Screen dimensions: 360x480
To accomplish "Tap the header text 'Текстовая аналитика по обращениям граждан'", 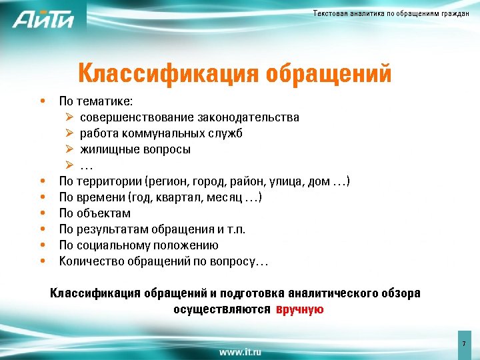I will click(x=391, y=14).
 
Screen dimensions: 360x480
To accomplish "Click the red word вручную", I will click(x=300, y=309).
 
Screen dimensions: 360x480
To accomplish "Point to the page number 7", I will click(x=463, y=343).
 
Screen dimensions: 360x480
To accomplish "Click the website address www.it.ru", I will click(x=240, y=351).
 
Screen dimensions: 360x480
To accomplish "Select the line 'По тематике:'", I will click(x=96, y=101).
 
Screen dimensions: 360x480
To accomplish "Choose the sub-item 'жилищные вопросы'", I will click(x=135, y=149).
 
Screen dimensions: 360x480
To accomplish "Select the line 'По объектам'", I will click(x=95, y=213).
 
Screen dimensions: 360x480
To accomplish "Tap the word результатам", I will click(x=112, y=229).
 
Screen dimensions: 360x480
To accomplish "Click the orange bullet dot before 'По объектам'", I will click(x=43, y=213).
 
